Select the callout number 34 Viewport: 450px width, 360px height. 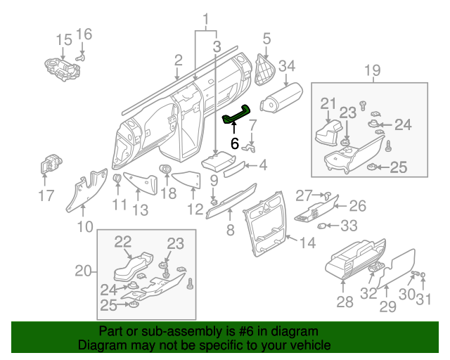[286, 67]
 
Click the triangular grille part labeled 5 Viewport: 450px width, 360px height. [265, 69]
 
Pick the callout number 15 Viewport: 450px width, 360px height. [64, 39]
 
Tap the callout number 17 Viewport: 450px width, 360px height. [46, 195]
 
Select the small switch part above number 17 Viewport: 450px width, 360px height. [49, 167]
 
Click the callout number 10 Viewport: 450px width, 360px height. [84, 226]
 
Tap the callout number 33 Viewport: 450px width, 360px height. [348, 226]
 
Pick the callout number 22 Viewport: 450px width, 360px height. [123, 241]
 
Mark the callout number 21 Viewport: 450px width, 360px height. [328, 104]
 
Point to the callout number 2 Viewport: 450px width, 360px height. [179, 60]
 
